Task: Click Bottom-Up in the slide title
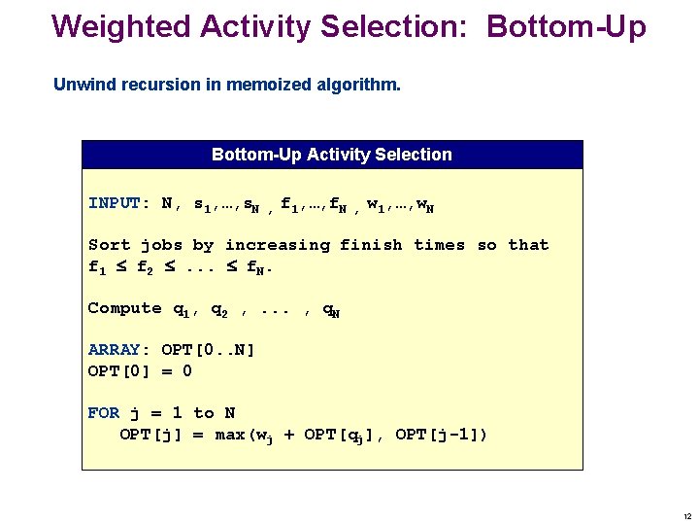pyautogui.click(x=566, y=26)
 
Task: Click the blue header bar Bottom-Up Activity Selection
pyautogui.click(x=332, y=155)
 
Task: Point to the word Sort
pyautogui.click(x=109, y=245)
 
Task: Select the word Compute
pyautogui.click(x=124, y=308)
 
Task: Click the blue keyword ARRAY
pyautogui.click(x=114, y=350)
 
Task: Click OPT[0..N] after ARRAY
pyautogui.click(x=208, y=350)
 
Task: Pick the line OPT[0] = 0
pyautogui.click(x=140, y=370)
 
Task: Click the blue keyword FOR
pyautogui.click(x=104, y=413)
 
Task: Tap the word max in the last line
pyautogui.click(x=230, y=435)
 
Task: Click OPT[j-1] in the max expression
pyautogui.click(x=437, y=435)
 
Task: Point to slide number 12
pyautogui.click(x=686, y=516)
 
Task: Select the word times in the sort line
pyautogui.click(x=439, y=245)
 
